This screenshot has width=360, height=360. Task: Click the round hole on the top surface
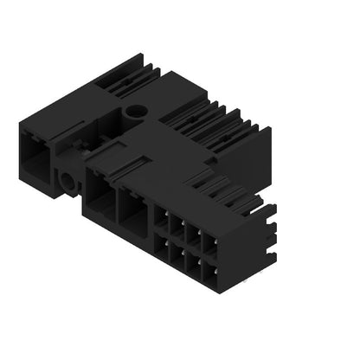[x=135, y=112]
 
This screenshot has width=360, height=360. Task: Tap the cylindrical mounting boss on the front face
[x=67, y=182]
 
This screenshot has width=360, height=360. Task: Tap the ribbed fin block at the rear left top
[x=117, y=74]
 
